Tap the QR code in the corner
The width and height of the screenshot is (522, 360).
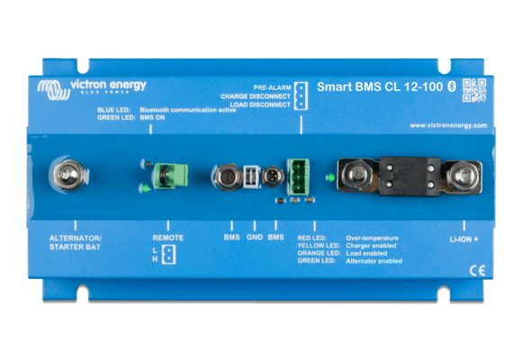(473, 91)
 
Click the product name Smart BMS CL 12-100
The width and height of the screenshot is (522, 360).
(369, 87)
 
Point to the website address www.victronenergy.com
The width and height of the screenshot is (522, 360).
(448, 125)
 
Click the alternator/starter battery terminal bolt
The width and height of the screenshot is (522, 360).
(66, 174)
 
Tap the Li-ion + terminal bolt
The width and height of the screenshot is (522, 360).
(464, 175)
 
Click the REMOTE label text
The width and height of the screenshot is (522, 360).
(168, 238)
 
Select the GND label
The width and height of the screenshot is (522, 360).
(254, 238)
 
